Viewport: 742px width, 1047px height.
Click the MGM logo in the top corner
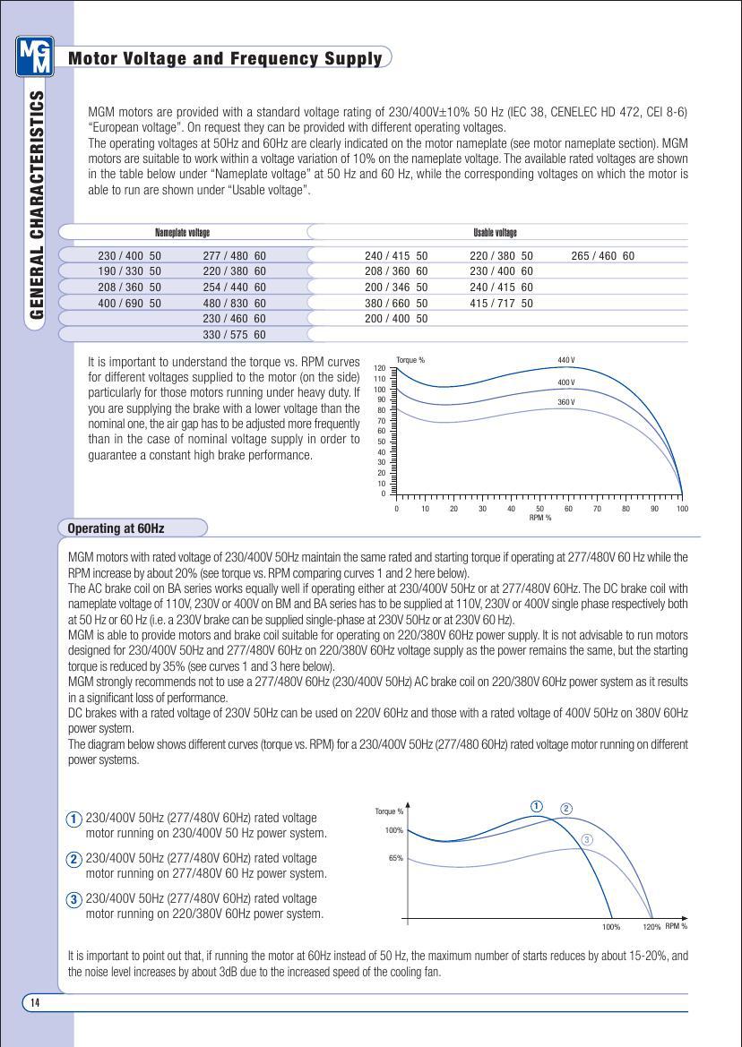[35, 56]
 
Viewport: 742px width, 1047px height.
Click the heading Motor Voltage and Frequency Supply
[225, 59]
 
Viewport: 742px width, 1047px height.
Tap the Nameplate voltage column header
[182, 233]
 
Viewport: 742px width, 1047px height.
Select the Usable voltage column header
[495, 233]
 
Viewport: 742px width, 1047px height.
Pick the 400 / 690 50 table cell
[130, 304]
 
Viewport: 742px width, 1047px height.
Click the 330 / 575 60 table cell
[235, 335]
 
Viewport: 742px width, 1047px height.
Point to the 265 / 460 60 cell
[602, 256]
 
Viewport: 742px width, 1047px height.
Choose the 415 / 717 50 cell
[501, 304]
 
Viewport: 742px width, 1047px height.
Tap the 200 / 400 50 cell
[396, 319]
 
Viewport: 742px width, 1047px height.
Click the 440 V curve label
[565, 360]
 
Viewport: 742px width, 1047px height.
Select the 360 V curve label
[565, 402]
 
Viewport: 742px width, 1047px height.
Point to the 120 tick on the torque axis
[379, 368]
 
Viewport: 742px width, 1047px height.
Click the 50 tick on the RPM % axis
[539, 509]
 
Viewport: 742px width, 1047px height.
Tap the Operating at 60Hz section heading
[116, 528]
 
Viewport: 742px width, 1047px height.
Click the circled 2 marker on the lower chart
[566, 809]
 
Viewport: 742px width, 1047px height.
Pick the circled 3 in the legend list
[75, 899]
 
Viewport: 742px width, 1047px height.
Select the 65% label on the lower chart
[395, 858]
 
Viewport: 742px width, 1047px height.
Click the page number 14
[35, 1002]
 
